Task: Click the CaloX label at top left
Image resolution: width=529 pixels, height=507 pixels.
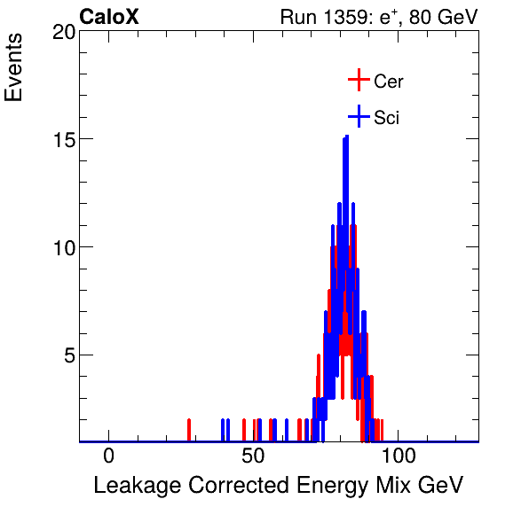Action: coord(109,17)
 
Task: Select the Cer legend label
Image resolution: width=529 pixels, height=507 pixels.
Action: coord(389,82)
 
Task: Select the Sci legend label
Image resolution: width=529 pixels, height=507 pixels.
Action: coord(386,117)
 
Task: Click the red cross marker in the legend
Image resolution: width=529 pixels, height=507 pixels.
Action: coord(358,81)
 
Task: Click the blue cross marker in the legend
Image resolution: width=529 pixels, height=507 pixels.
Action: coord(358,116)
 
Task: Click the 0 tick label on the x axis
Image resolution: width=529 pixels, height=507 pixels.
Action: coord(108,456)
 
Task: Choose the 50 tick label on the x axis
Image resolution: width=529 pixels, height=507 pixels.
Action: coord(254,456)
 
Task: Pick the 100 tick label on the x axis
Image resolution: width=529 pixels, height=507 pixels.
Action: coord(399,456)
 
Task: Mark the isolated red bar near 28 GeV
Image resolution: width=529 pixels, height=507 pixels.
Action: coord(189,430)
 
